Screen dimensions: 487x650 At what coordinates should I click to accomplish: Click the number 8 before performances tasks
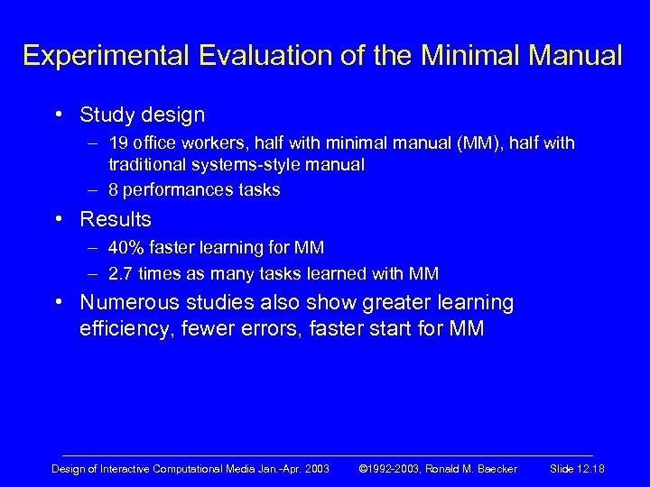coord(114,189)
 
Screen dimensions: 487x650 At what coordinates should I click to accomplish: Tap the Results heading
coord(116,219)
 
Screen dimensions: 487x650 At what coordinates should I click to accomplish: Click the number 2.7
coord(121,273)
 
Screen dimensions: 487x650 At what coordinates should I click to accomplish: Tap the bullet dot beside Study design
coord(58,115)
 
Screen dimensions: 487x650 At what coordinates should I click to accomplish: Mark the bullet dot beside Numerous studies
coord(58,303)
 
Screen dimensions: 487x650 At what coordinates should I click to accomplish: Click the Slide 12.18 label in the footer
coord(577,468)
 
